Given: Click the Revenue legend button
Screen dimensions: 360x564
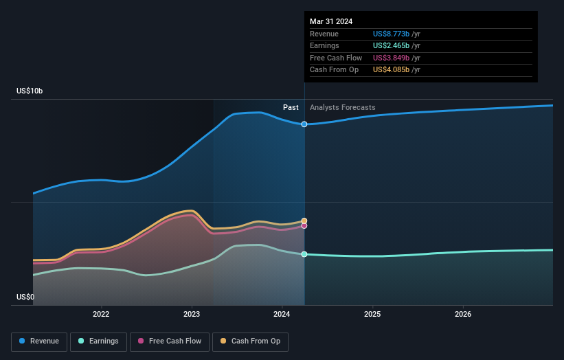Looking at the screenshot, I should [x=40, y=341].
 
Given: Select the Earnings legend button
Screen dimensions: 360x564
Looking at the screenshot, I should [x=98, y=341].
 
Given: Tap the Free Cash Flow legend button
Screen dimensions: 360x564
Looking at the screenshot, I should [x=170, y=341].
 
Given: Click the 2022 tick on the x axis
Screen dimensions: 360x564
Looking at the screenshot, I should [x=101, y=314].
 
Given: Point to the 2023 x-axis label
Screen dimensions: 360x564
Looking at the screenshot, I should [x=192, y=314].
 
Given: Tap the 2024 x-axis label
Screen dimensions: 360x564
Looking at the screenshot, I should [x=282, y=314].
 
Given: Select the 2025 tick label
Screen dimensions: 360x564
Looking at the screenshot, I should [x=372, y=314].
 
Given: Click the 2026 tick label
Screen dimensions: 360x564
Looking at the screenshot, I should [x=463, y=314].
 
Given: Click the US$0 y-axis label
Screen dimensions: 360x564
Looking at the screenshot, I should [x=26, y=297].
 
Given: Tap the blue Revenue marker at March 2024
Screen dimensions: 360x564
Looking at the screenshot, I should [x=304, y=124].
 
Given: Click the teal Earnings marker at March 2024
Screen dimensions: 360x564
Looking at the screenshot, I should [x=304, y=254].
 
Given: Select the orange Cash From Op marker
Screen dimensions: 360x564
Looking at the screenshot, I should [x=304, y=221].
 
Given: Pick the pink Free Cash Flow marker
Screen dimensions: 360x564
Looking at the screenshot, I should [x=304, y=225].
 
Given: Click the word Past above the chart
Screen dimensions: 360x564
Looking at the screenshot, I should [x=291, y=108].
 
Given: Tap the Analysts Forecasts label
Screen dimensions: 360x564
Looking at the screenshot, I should [x=343, y=108].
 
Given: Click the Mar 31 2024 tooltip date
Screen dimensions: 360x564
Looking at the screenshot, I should [x=331, y=21].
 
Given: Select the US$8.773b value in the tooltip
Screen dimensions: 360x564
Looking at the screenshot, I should [x=391, y=34].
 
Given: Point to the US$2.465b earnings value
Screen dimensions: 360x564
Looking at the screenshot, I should [x=391, y=45].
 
